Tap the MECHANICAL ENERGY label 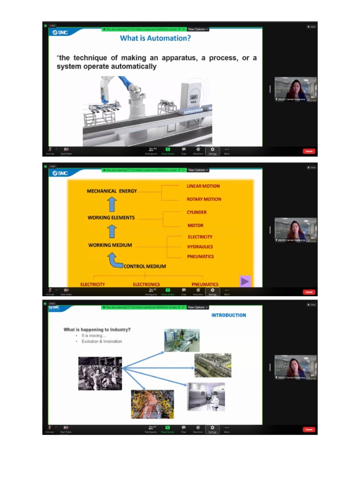[x=112, y=191]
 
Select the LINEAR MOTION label [x=203, y=186]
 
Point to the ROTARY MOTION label [x=204, y=199]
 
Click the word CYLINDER [x=196, y=212]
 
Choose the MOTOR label [x=195, y=225]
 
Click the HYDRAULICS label [x=200, y=247]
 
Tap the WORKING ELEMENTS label [x=111, y=217]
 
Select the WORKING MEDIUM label [x=110, y=245]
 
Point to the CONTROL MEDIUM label [x=145, y=266]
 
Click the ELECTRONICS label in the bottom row [x=146, y=284]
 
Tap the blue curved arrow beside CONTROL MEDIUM [x=114, y=261]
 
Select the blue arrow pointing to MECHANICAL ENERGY [x=112, y=204]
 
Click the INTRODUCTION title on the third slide [x=228, y=315]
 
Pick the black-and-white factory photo [x=100, y=374]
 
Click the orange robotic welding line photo [x=152, y=404]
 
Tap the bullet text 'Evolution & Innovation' [x=102, y=341]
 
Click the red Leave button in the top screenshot [x=308, y=151]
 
